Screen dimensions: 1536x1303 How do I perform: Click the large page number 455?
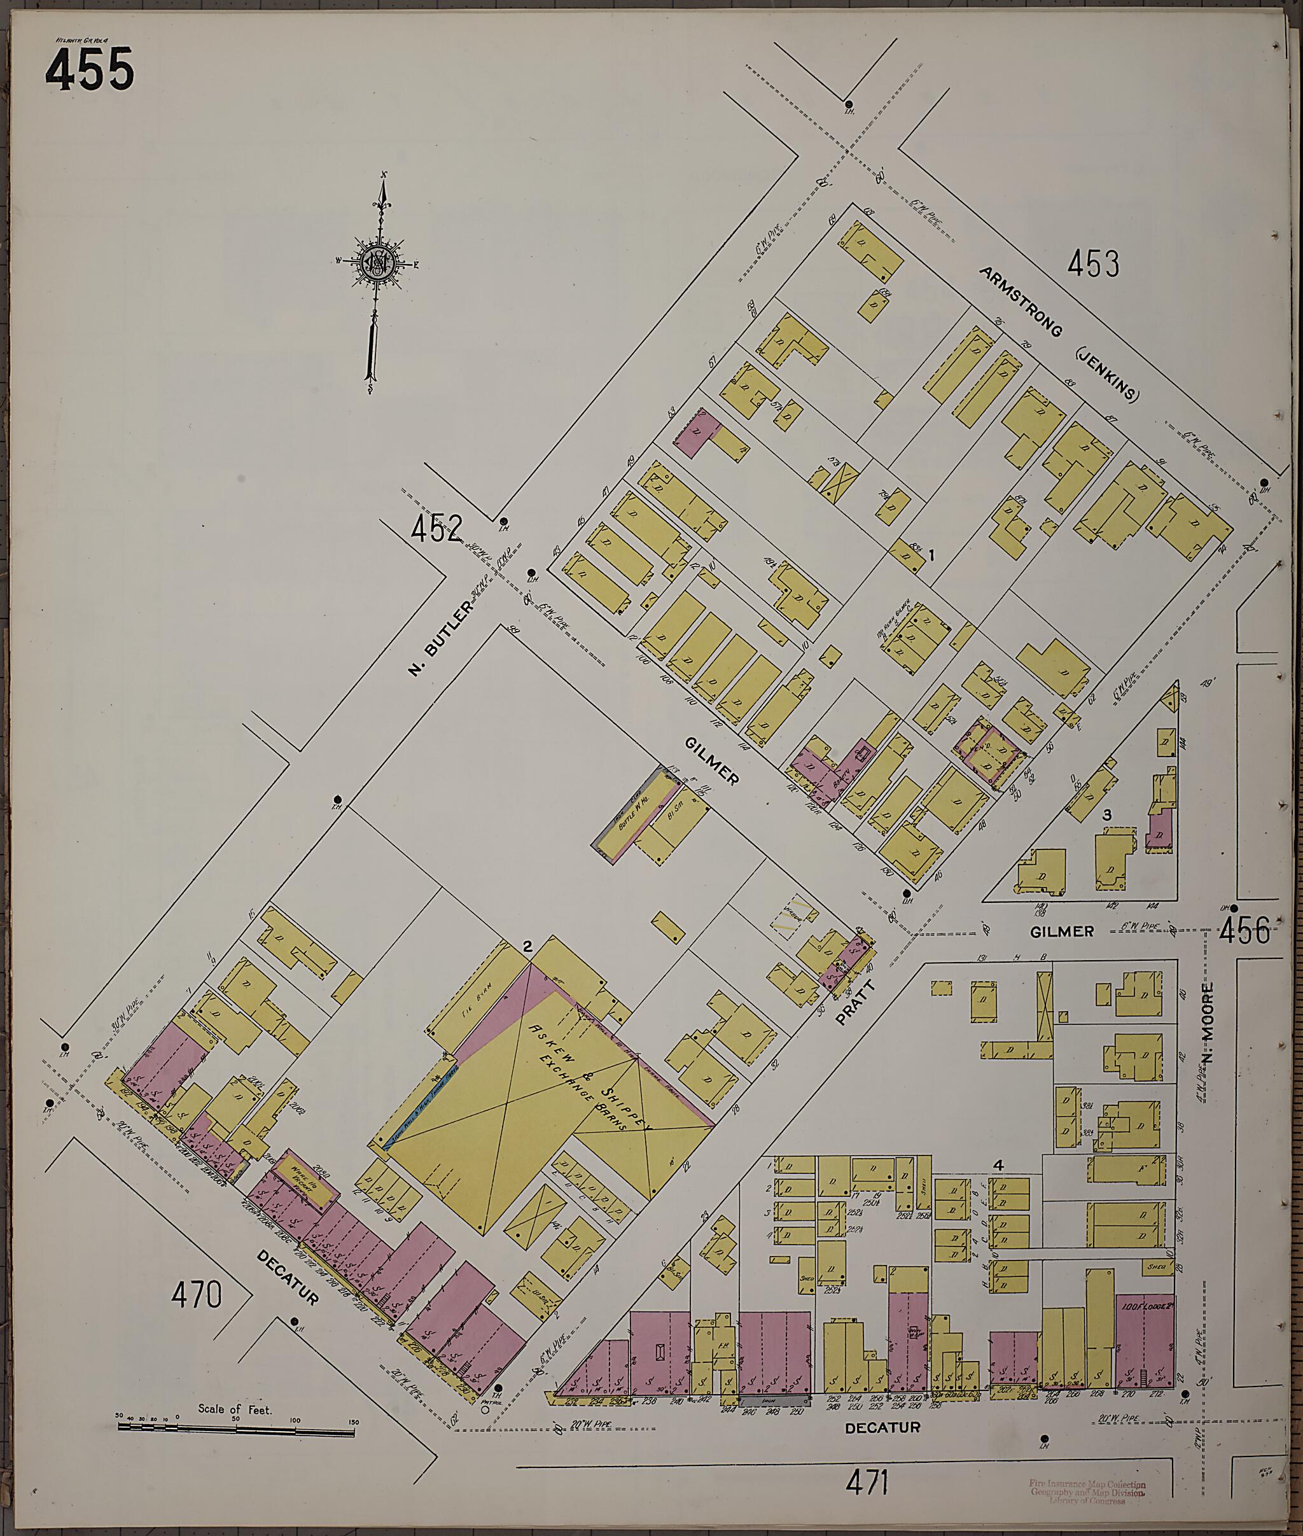90,69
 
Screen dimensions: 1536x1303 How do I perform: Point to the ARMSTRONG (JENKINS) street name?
1059,334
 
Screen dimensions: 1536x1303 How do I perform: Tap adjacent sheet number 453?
1093,264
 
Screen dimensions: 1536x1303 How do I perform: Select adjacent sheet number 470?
197,1294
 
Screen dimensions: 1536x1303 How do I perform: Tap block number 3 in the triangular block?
1107,815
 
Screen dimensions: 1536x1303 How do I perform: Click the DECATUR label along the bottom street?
882,1428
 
